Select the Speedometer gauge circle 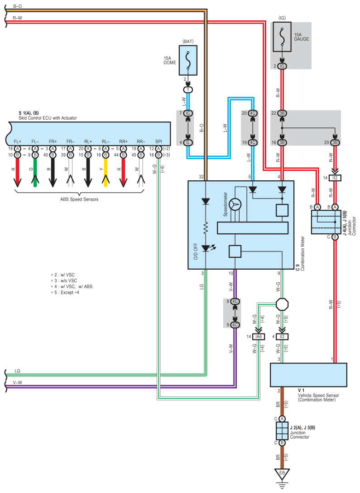coord(235,204)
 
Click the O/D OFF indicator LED coord(206,248)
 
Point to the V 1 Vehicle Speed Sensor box coord(308,375)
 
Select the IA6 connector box coord(259,337)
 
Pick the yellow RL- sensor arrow coord(106,172)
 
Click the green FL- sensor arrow coord(35,172)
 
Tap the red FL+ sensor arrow coord(17,172)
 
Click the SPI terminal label coord(158,141)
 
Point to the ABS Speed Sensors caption coord(79,198)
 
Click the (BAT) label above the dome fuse coord(188,41)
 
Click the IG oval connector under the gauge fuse coord(282,66)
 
